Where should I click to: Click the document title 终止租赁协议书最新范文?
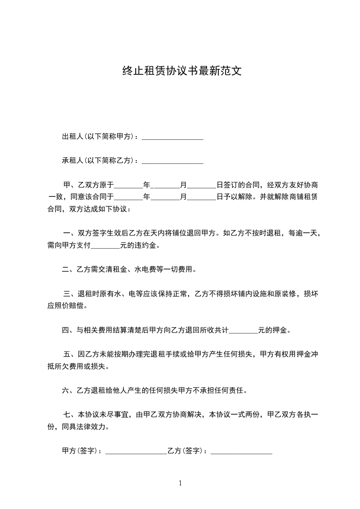click(181, 71)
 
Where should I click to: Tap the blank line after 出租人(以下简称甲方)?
click(173, 137)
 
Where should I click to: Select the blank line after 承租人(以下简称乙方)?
click(173, 161)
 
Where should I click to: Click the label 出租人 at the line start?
click(71, 137)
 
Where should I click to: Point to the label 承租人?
click(71, 161)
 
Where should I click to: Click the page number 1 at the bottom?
click(180, 483)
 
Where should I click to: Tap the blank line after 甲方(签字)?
click(136, 451)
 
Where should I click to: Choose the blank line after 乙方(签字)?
click(242, 451)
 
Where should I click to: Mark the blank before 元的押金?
click(243, 330)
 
